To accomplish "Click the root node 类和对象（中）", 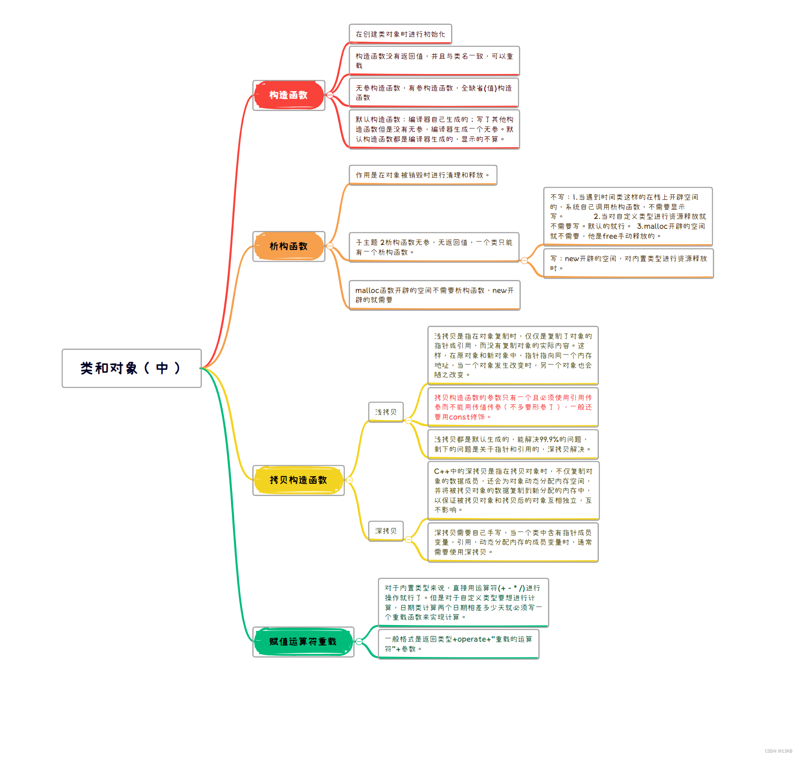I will [131, 368].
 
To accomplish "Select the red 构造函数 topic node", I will [289, 95].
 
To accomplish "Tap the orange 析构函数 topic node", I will [289, 246].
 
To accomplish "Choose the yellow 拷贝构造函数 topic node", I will [298, 480].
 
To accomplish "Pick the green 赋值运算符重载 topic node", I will [303, 642].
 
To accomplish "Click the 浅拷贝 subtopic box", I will [386, 412].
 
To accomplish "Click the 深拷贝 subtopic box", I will [386, 531].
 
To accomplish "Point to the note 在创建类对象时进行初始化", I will [400, 34].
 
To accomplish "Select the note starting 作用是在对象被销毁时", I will [422, 175].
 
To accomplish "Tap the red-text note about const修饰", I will [513, 407].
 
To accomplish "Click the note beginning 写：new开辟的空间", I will [628, 263].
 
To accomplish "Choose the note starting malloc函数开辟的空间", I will [434, 295].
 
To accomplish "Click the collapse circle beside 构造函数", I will [330, 95].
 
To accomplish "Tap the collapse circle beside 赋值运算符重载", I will [359, 642].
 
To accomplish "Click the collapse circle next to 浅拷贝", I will [408, 420].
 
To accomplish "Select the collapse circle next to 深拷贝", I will [408, 539].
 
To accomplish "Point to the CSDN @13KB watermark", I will [778, 751].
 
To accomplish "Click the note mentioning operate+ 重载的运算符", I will [458, 644].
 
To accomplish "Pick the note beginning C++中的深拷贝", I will [513, 490].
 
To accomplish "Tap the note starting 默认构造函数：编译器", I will [434, 129].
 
